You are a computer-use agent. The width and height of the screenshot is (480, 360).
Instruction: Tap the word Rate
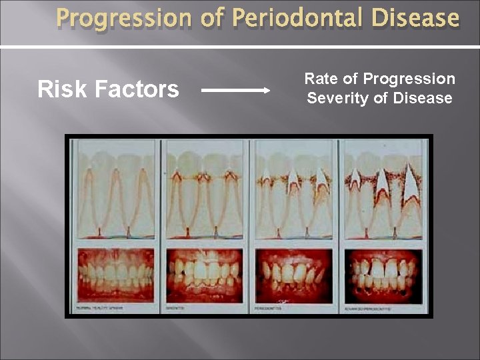tap(320, 79)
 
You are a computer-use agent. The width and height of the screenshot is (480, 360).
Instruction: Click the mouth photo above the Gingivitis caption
tap(205, 275)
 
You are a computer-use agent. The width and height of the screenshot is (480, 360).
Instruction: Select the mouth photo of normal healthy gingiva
tap(116, 275)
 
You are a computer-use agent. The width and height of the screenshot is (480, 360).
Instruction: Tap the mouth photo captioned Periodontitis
tap(294, 275)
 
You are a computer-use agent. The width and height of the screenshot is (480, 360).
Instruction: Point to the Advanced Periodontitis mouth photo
tap(382, 275)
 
